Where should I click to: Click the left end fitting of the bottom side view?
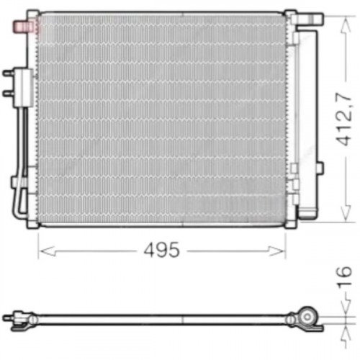pyautogui.click(x=10, y=317)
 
